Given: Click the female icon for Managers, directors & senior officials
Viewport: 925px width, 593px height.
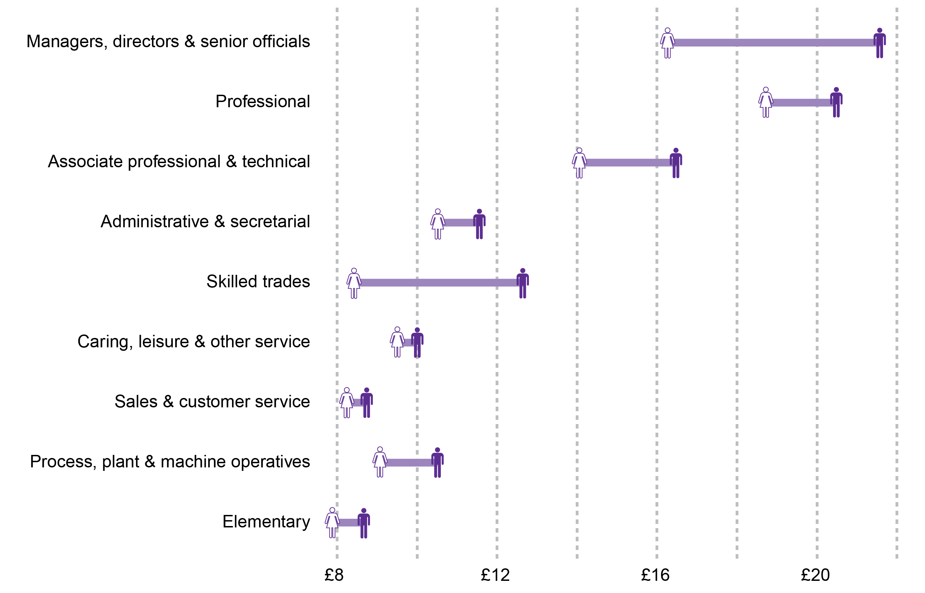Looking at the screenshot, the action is point(667,43).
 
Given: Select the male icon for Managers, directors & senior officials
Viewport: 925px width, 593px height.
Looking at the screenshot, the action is point(879,43).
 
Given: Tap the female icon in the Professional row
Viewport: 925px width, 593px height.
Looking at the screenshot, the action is point(765,102).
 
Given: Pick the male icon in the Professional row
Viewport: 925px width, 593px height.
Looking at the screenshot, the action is point(836,102).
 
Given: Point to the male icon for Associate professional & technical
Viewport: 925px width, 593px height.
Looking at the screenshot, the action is point(676,163).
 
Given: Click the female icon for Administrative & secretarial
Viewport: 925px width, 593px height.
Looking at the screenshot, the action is point(437,224).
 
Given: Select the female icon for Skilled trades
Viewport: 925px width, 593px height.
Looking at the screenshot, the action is point(354,283).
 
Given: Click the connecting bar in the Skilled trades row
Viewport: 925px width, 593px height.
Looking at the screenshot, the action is point(438,283).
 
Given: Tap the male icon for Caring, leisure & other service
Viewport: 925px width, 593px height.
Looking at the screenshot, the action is point(417,343).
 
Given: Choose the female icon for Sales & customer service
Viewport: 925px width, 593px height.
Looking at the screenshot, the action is point(347,403).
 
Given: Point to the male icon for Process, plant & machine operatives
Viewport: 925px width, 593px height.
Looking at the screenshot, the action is point(437,463).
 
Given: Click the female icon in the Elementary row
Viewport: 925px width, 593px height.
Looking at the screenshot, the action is point(332,523).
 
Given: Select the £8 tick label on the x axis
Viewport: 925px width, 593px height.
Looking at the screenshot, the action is point(334,575).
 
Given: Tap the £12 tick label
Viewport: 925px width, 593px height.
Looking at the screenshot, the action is point(495,575).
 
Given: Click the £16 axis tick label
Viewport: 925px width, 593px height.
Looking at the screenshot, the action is point(655,575).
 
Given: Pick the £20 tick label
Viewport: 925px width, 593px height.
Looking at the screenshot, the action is point(815,575).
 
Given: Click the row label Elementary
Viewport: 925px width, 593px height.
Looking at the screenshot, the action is point(266,522).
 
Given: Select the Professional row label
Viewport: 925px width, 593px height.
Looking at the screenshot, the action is point(263,102).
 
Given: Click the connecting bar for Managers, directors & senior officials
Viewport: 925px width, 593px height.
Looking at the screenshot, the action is point(773,43).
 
